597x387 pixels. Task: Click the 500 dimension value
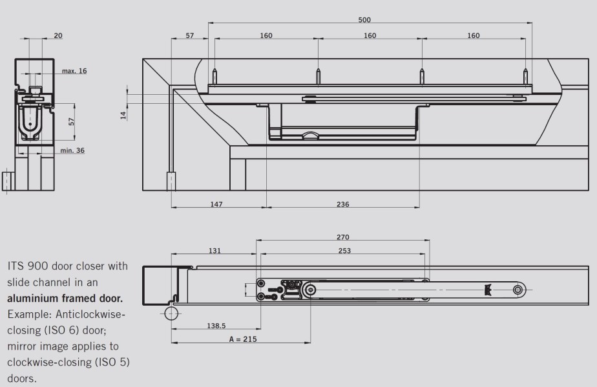pos(364,20)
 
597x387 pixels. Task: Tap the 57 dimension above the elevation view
pos(189,35)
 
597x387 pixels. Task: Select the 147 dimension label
pos(216,204)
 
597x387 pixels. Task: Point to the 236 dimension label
pos(342,204)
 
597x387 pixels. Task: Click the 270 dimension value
pos(342,237)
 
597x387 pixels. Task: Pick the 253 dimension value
pos(344,250)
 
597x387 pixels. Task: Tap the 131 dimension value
pos(215,250)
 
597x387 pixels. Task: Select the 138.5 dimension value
pos(216,326)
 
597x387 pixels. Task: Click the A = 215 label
pos(243,339)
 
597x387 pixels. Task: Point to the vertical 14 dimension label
pos(123,115)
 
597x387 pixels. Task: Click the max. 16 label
pos(74,71)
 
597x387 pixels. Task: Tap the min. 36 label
pos(72,150)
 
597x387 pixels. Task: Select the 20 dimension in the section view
pos(58,35)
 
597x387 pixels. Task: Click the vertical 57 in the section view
pos(71,122)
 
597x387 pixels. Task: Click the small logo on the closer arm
pos(488,290)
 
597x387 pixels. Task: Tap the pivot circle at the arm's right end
pos(518,290)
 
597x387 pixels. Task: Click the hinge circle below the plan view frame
pos(171,313)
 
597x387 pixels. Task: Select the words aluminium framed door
pos(65,298)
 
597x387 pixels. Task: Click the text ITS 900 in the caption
pos(28,266)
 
